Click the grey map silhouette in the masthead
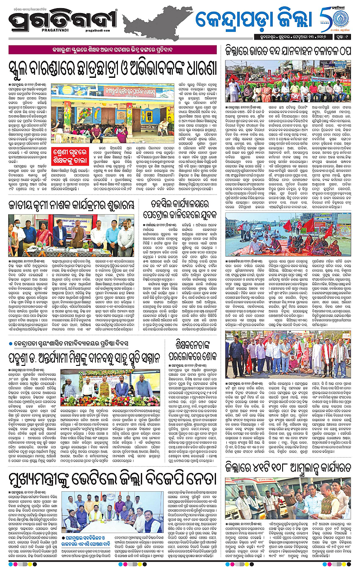pyautogui.click(x=155, y=20)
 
